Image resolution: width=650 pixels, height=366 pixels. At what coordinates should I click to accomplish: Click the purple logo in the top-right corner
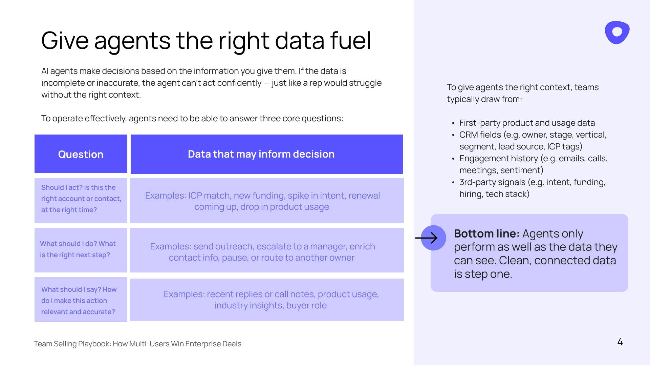(x=617, y=33)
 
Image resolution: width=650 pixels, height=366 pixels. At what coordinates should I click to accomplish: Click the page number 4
(x=620, y=342)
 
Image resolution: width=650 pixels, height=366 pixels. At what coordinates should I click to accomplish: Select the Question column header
(x=81, y=154)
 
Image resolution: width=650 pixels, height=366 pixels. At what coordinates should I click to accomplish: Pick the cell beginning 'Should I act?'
(x=81, y=200)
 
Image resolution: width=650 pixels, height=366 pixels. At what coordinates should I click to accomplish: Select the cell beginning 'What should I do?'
(x=81, y=250)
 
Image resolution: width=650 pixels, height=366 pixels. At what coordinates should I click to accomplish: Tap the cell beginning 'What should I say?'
(x=81, y=300)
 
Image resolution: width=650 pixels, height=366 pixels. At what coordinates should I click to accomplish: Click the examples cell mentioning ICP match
(x=267, y=200)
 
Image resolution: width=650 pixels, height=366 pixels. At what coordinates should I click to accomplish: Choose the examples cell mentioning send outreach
(x=267, y=250)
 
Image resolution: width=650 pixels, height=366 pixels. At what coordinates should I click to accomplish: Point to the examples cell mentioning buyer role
(x=267, y=300)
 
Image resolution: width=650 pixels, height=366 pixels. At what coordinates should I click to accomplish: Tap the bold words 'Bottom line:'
(x=486, y=233)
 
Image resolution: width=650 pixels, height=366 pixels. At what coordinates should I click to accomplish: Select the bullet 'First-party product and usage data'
(x=527, y=123)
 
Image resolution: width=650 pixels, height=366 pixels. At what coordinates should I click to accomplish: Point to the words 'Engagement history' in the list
(x=499, y=158)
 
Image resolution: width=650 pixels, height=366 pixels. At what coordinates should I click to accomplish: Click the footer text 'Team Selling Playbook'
(x=72, y=344)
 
